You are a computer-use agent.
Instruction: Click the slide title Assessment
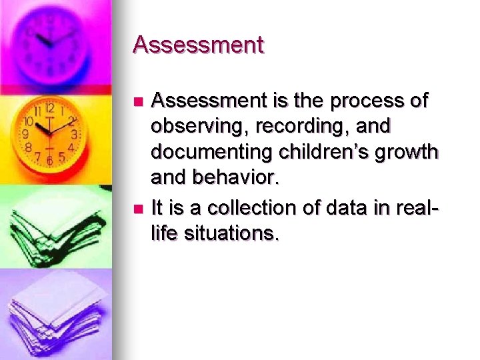coord(198,45)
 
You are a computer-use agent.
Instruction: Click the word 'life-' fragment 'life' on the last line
coord(165,234)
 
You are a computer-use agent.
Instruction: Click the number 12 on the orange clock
coord(49,108)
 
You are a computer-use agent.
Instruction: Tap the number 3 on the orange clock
coord(74,134)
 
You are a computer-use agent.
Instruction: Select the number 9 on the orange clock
coord(26,134)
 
